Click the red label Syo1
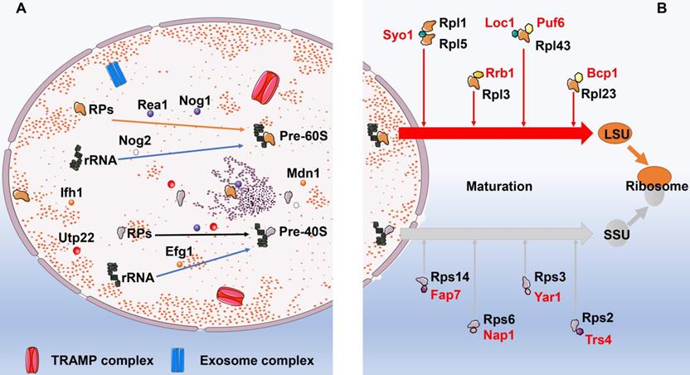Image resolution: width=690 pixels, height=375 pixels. [x=399, y=36]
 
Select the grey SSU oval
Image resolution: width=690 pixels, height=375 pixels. [x=613, y=236]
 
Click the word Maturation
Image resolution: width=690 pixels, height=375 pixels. [x=498, y=187]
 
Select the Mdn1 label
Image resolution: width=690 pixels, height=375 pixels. [x=300, y=173]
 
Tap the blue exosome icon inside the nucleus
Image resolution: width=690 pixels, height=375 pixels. [x=116, y=73]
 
